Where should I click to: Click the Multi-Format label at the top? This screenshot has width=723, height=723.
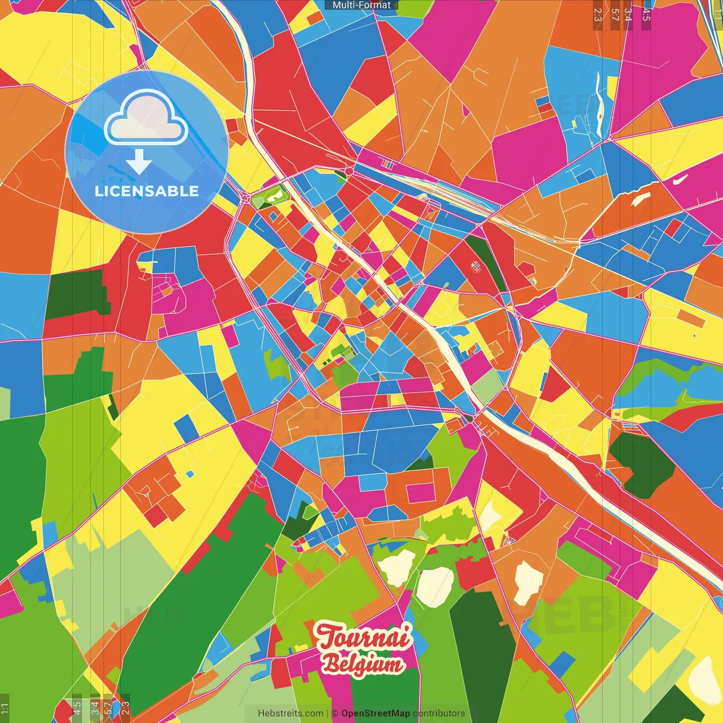click(x=361, y=5)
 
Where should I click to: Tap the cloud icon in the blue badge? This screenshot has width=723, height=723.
click(x=146, y=119)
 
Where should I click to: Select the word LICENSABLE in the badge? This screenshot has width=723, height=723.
click(x=147, y=191)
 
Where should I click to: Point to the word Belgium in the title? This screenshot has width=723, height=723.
click(x=363, y=663)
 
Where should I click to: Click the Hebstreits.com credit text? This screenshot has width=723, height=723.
click(x=290, y=713)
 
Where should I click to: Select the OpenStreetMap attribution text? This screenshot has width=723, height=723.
click(x=375, y=713)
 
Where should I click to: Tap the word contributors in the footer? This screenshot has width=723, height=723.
click(x=438, y=713)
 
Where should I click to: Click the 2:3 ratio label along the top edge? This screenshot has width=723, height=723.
click(x=598, y=15)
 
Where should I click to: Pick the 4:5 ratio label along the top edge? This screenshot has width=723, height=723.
click(x=646, y=15)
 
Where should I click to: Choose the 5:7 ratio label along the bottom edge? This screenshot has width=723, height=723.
click(x=108, y=707)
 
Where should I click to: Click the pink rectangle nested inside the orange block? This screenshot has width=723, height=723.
click(x=420, y=493)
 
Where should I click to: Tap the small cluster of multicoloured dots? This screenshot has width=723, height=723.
click(x=475, y=264)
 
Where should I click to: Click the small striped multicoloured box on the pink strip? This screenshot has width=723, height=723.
click(x=387, y=164)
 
